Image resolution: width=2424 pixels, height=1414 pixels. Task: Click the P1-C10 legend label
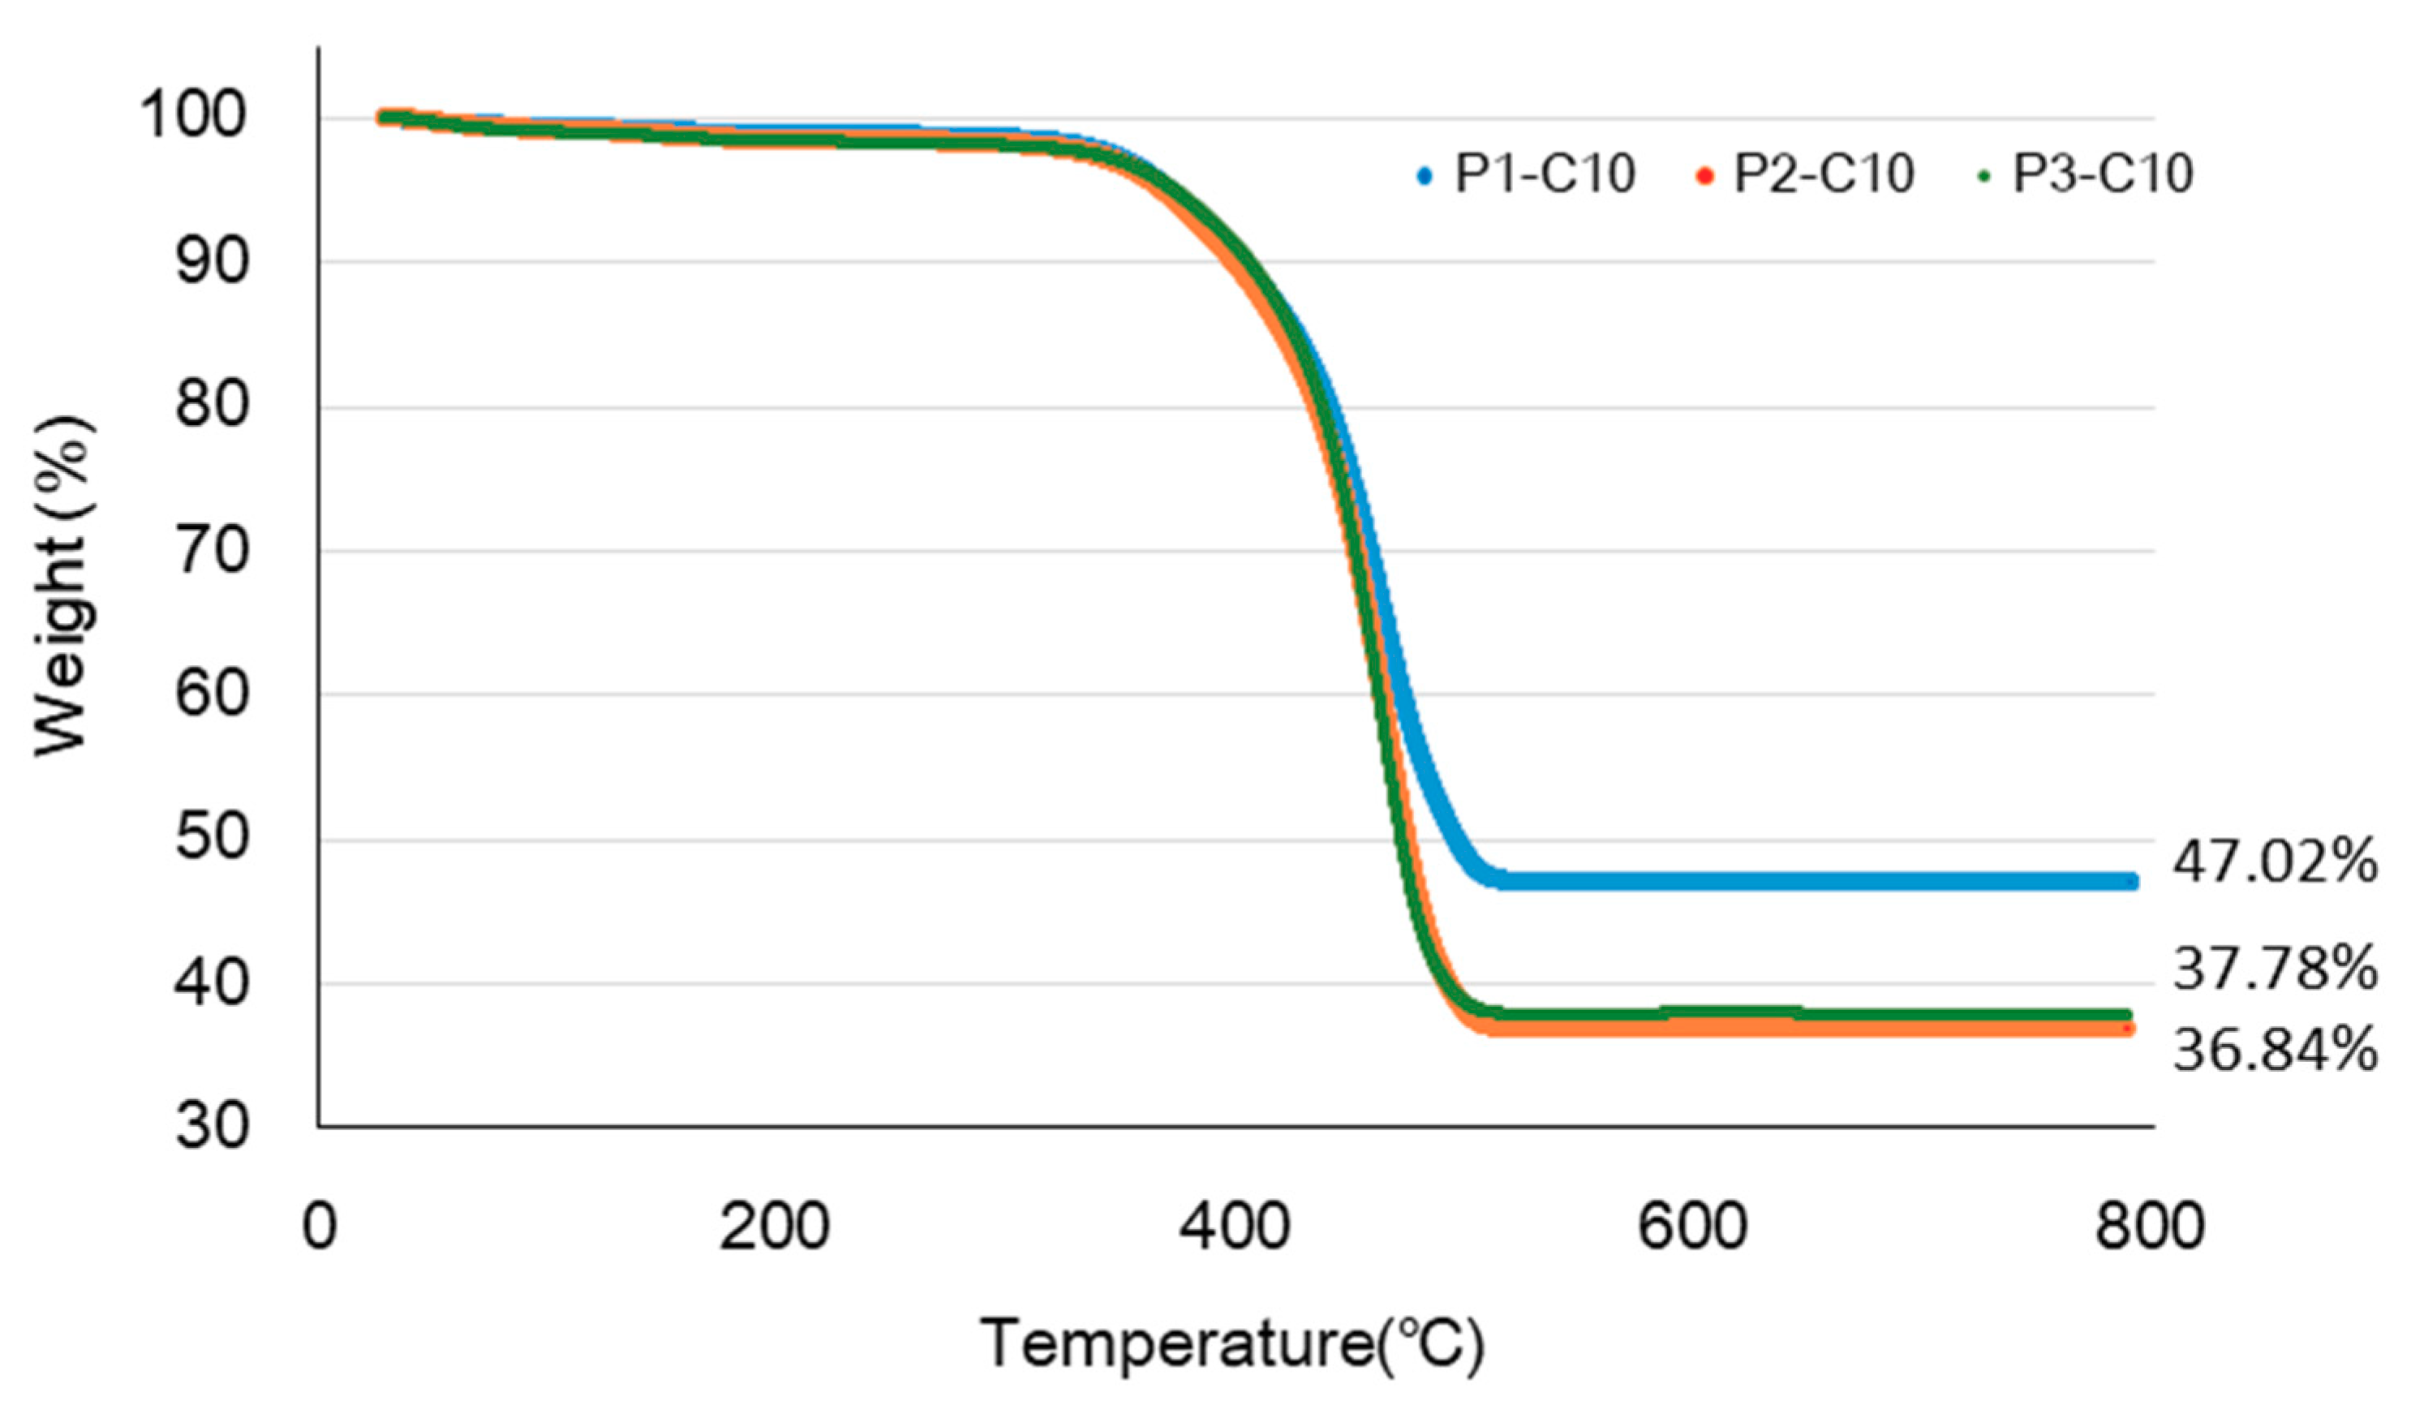pos(1545,174)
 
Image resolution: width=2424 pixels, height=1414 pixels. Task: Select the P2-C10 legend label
pos(1824,174)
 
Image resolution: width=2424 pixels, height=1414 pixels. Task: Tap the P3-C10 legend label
pos(2104,174)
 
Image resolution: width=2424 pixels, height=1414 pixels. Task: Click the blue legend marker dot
pos(1425,177)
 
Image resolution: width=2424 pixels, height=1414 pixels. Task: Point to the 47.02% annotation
pos(2275,862)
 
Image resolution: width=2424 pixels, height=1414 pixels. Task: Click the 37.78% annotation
pos(2275,969)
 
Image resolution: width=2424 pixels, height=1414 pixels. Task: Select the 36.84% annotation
pos(2275,1050)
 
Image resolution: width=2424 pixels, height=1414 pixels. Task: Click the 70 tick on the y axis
pos(212,551)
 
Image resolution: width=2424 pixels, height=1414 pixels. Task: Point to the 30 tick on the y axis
pos(212,1125)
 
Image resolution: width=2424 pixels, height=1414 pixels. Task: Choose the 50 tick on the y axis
pos(212,837)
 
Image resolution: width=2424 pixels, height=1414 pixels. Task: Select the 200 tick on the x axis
pos(774,1227)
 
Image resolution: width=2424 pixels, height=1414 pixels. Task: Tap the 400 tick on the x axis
pos(1234,1227)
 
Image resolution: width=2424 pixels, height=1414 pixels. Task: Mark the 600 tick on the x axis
pos(1693,1227)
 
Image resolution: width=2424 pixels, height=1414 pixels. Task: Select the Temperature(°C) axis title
pos(1232,1343)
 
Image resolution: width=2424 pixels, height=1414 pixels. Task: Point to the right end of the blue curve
pos(2130,881)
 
